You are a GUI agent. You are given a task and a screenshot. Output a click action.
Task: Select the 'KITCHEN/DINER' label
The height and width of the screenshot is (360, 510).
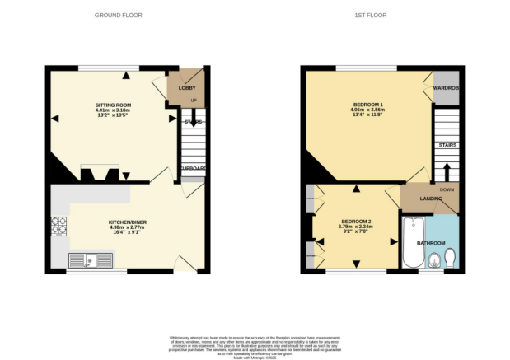[127, 222]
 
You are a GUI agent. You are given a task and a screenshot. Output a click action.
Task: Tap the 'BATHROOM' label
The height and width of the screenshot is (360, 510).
[430, 243]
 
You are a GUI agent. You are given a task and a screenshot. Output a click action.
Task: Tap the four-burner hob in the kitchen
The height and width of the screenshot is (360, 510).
[59, 225]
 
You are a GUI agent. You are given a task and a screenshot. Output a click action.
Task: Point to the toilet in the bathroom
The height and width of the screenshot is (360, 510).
[450, 259]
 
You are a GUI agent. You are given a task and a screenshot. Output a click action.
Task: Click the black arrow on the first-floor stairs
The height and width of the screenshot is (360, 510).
[447, 171]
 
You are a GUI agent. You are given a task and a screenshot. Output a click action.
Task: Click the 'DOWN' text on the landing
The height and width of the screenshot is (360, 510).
[447, 189]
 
